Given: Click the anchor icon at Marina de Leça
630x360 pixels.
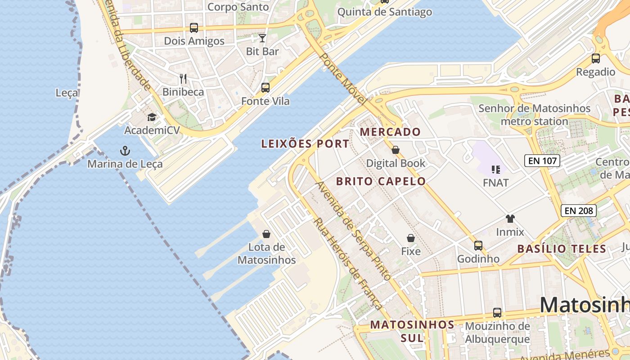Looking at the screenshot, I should click(125, 151).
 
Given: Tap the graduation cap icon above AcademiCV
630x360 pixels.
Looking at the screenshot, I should click(152, 117).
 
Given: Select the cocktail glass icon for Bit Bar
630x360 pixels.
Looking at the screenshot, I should click(262, 38).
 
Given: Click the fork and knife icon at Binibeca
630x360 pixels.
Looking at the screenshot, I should click(183, 79).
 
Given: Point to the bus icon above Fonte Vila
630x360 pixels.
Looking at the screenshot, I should click(265, 88).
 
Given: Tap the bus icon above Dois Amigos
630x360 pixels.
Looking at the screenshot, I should click(194, 28).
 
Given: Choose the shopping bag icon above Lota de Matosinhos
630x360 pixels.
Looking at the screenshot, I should click(266, 234).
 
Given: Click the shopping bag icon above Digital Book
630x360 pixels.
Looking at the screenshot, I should click(396, 150).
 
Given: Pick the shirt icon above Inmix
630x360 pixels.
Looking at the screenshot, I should click(510, 219).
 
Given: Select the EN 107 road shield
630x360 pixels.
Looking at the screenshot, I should click(542, 160).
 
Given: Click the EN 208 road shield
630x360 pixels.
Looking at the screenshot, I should click(579, 210).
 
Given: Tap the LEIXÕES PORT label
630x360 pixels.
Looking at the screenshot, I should click(305, 144).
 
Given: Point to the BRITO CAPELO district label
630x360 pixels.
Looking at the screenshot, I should click(381, 181).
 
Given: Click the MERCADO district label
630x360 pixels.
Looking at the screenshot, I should click(390, 132).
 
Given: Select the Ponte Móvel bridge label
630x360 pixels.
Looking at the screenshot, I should click(342, 79).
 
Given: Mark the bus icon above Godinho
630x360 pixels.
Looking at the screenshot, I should click(478, 246).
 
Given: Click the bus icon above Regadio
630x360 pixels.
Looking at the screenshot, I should click(596, 58).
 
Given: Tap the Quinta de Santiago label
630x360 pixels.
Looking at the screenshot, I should click(385, 12).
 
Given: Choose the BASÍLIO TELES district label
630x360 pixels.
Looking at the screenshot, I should click(562, 249).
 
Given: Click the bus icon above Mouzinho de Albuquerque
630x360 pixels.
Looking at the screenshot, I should click(497, 313).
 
